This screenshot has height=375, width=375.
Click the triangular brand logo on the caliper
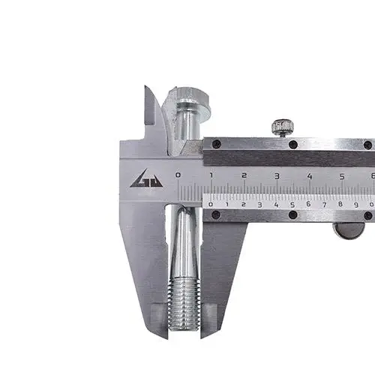[146, 179]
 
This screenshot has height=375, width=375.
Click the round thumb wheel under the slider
[349, 230]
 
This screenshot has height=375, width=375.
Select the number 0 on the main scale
[178, 175]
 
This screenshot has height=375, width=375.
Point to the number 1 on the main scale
[211, 175]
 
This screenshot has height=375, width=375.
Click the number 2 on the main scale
[244, 175]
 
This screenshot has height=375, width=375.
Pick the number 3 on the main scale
[277, 176]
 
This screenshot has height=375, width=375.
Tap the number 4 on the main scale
[310, 176]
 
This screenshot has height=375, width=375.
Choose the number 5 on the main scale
[342, 177]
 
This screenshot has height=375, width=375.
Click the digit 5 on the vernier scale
[292, 205]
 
